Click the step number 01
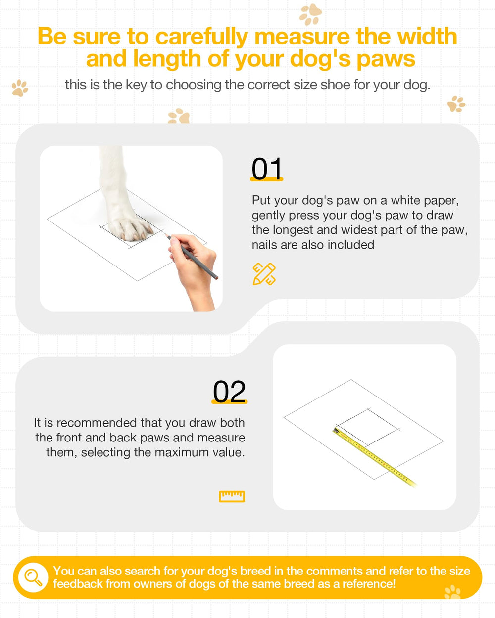tap(266, 169)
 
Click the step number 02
tap(229, 391)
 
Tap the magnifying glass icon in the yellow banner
tap(33, 577)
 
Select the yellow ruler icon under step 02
tap(232, 496)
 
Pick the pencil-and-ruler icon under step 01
tap(264, 274)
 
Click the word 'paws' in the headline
tap(386, 59)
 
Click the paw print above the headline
tap(310, 14)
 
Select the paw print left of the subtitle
tap(20, 88)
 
